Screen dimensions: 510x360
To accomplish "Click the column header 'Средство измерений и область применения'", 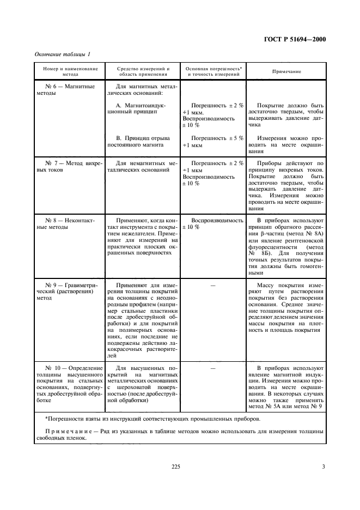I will pyautogui.click(x=144, y=72).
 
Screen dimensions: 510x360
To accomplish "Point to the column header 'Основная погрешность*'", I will pyautogui.click(x=213, y=69).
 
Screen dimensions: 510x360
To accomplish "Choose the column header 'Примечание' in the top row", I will pyautogui.click(x=287, y=72).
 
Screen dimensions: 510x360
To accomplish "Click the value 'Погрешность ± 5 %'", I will pyautogui.click(x=217, y=138).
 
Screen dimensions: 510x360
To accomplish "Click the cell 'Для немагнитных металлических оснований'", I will pyautogui.click(x=144, y=167).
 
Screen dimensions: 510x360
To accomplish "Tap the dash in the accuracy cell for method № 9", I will pyautogui.click(x=213, y=284).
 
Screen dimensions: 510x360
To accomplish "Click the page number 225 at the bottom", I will pyautogui.click(x=175, y=466).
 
